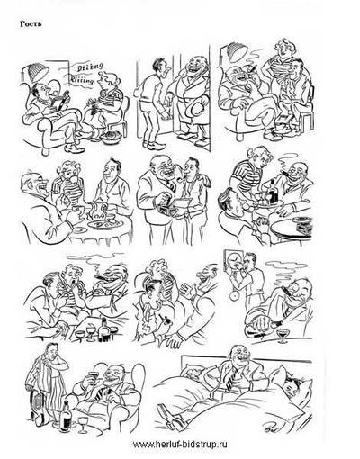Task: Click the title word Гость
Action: (31, 24)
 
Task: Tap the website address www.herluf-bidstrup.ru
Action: (180, 445)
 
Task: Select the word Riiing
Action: (82, 80)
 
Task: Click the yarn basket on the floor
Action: (112, 137)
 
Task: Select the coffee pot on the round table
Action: (96, 211)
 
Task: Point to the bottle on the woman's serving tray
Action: (274, 192)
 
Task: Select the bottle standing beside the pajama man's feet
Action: (67, 416)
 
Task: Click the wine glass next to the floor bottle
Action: (82, 424)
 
